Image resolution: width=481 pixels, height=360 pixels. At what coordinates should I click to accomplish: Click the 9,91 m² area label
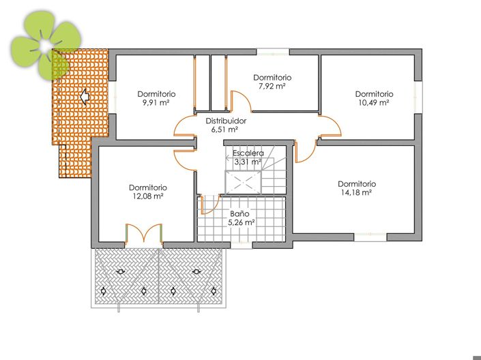(156, 103)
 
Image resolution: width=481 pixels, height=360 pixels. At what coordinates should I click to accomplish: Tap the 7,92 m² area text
(272, 87)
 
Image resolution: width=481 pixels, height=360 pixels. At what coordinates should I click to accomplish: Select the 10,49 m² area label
(374, 103)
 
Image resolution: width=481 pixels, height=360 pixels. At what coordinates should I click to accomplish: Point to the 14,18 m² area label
(356, 193)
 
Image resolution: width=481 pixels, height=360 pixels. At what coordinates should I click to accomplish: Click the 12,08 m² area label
(147, 196)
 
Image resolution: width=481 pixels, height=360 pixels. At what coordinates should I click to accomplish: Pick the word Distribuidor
(225, 120)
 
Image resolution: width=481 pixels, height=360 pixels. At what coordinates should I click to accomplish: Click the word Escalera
(248, 153)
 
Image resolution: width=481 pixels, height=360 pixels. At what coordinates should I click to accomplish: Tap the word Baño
(239, 213)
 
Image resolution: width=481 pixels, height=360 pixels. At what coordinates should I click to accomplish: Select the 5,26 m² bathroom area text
(241, 222)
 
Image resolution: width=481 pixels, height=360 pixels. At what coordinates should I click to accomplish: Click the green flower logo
(46, 46)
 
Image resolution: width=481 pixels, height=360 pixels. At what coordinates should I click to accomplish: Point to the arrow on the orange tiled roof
(85, 97)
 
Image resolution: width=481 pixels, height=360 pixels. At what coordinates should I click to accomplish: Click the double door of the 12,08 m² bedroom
(143, 233)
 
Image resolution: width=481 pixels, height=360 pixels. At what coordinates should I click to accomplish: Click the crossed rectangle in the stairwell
(244, 182)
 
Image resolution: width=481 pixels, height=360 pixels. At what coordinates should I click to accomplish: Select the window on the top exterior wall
(273, 51)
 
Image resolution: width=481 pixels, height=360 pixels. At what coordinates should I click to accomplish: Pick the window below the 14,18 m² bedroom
(370, 237)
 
